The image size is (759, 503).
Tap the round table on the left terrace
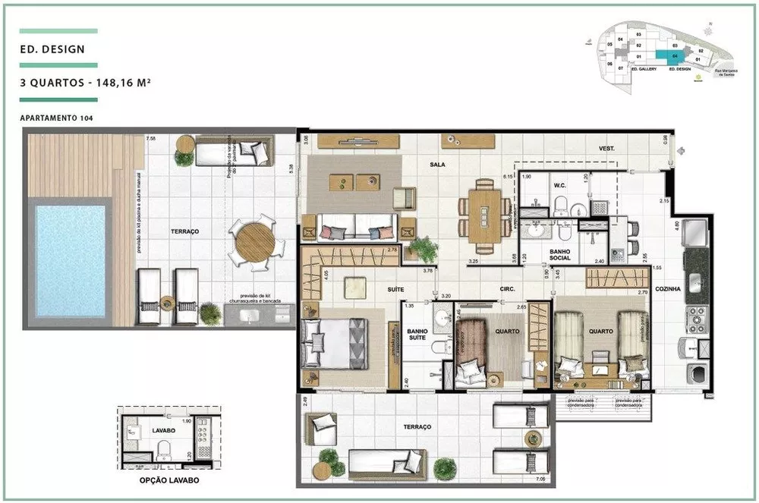click(x=255, y=242)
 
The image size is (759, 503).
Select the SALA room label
click(x=436, y=164)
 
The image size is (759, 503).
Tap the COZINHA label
click(x=667, y=289)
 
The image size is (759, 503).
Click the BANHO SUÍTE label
click(x=418, y=335)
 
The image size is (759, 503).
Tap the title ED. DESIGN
click(x=52, y=50)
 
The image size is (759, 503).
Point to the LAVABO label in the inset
click(x=163, y=429)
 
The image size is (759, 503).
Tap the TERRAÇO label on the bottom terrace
click(x=417, y=428)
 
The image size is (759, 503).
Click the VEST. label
click(x=606, y=148)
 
